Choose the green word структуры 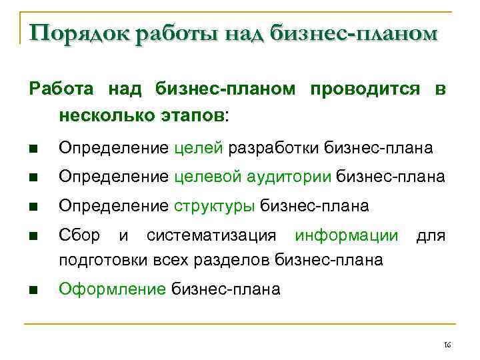[215, 206]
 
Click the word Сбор [79, 235]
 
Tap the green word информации [347, 235]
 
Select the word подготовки [97, 259]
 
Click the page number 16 [447, 344]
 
